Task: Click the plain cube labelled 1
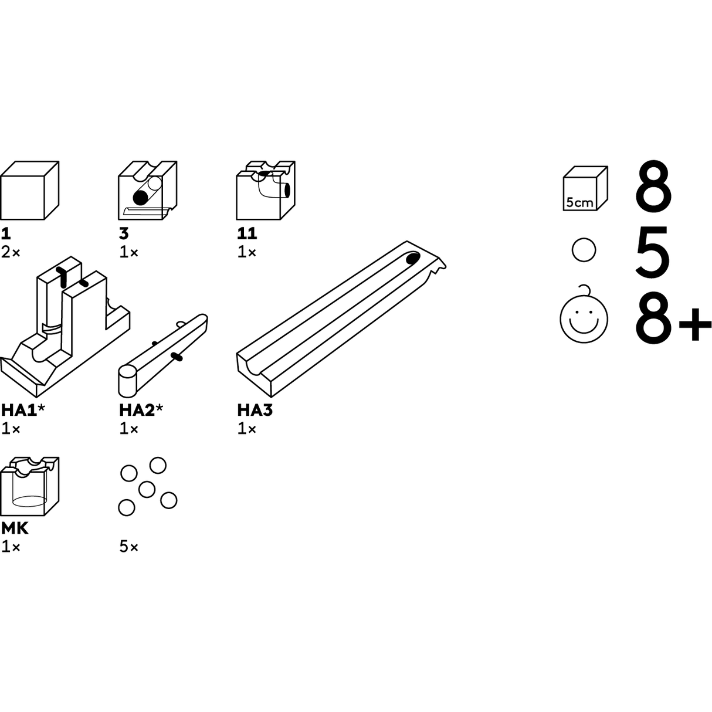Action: [x=29, y=190]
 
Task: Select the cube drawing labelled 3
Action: [x=147, y=190]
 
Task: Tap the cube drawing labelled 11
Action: [x=266, y=190]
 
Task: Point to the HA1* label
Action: [x=23, y=410]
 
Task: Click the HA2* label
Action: [x=141, y=410]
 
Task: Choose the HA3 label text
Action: [x=255, y=410]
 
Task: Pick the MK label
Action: [x=15, y=528]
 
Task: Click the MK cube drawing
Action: [x=29, y=486]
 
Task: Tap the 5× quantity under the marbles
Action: [x=128, y=547]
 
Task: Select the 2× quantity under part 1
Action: [x=11, y=253]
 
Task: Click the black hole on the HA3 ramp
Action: [x=413, y=258]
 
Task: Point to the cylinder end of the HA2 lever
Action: [x=127, y=381]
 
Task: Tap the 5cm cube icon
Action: [x=585, y=188]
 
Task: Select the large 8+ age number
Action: [x=673, y=318]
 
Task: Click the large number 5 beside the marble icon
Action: [x=653, y=251]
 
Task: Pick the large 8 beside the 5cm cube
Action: [x=653, y=185]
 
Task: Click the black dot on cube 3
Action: [x=140, y=198]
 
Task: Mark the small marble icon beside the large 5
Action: [x=584, y=250]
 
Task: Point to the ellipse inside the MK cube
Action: [x=29, y=502]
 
